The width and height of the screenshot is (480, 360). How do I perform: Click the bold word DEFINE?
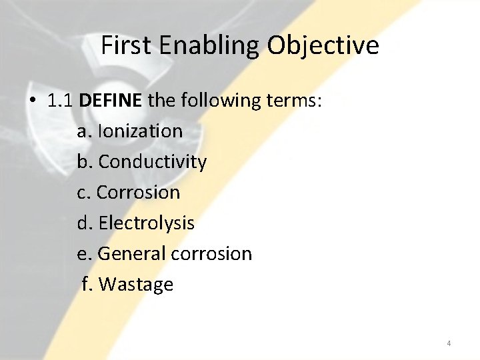point(111,101)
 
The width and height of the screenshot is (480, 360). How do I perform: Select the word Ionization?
point(140,131)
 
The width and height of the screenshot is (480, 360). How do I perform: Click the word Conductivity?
point(153,162)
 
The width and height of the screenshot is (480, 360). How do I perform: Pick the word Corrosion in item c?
point(139,193)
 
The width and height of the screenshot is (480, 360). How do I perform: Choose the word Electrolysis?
point(147,223)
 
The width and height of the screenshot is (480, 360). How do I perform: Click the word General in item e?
point(132,254)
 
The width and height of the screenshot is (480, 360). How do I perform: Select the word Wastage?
point(136,285)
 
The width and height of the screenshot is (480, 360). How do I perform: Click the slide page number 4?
point(449,343)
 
